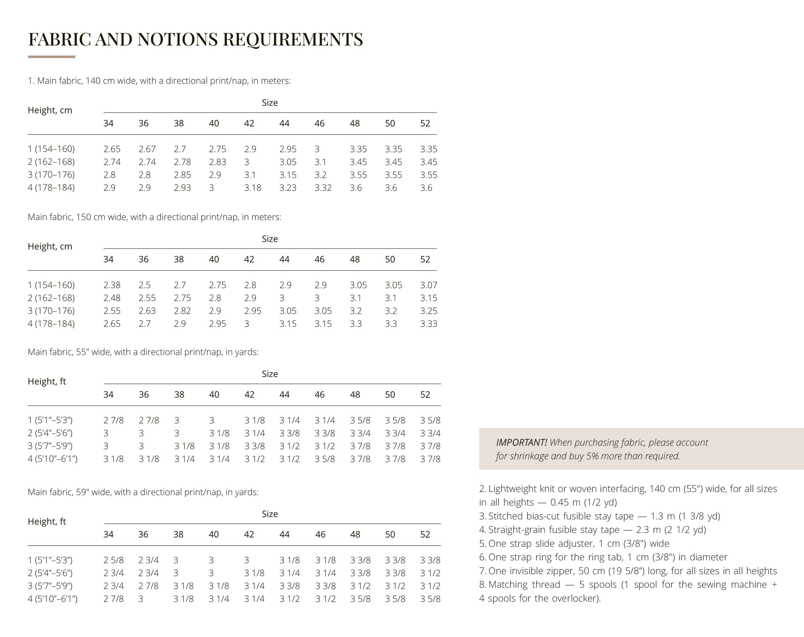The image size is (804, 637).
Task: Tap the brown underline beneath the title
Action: click(x=52, y=57)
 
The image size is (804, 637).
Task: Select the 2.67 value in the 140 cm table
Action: click(x=147, y=149)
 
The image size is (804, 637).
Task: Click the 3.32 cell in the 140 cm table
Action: click(x=323, y=188)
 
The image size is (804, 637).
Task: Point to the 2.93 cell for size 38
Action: click(x=182, y=188)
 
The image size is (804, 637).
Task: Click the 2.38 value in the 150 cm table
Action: click(x=112, y=285)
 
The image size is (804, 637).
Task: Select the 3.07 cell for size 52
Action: click(x=428, y=285)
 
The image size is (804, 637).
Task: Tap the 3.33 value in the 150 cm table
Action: click(x=428, y=324)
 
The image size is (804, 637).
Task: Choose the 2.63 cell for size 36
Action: click(x=147, y=311)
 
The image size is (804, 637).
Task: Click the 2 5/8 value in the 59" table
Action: click(x=113, y=560)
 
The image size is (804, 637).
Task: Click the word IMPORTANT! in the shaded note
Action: click(x=521, y=443)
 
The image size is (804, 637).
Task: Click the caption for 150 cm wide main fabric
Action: click(x=154, y=217)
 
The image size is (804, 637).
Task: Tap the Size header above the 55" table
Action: click(x=269, y=374)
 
